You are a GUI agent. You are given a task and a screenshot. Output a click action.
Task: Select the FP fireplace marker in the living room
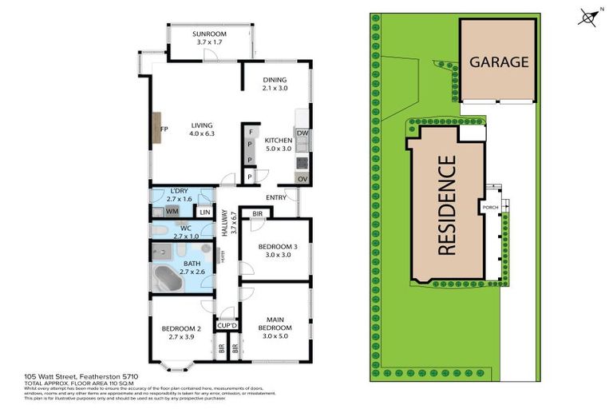point(163,129)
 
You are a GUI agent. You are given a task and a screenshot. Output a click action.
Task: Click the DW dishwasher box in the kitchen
point(303,133)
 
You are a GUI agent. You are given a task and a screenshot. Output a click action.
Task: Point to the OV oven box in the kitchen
point(303,178)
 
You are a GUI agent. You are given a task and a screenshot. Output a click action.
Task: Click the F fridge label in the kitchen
point(251,132)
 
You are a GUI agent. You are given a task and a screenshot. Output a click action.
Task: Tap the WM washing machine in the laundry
point(172,212)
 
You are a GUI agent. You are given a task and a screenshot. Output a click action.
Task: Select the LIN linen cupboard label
point(204,212)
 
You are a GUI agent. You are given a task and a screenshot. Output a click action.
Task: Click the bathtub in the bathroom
point(170,280)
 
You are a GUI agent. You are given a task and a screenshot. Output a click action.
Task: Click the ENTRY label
point(276,197)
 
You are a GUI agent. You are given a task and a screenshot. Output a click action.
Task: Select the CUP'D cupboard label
point(227,325)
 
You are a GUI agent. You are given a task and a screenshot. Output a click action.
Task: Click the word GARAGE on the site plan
point(498,62)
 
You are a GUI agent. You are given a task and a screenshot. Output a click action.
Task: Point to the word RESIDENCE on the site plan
point(447,205)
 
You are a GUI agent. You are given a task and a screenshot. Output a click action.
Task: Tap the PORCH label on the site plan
point(491,208)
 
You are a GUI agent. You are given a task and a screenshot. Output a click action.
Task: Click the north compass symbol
point(589,16)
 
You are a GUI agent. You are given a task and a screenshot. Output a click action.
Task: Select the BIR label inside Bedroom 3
point(257,214)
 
